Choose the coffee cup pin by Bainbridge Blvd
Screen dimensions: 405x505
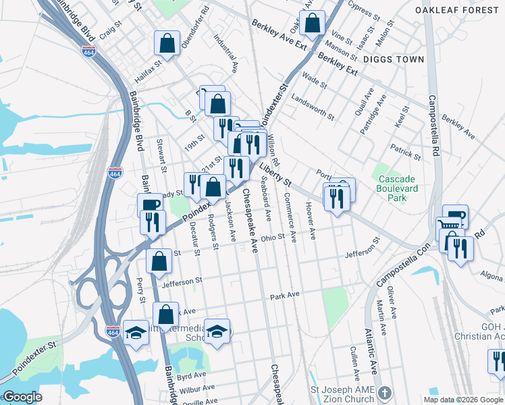[x=149, y=205]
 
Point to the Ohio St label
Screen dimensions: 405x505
[x=273, y=238]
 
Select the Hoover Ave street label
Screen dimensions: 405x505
[x=311, y=220]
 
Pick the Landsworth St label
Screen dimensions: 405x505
[x=312, y=106]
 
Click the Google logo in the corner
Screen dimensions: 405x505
[x=22, y=397]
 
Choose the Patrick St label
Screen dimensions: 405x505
[x=405, y=151]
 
